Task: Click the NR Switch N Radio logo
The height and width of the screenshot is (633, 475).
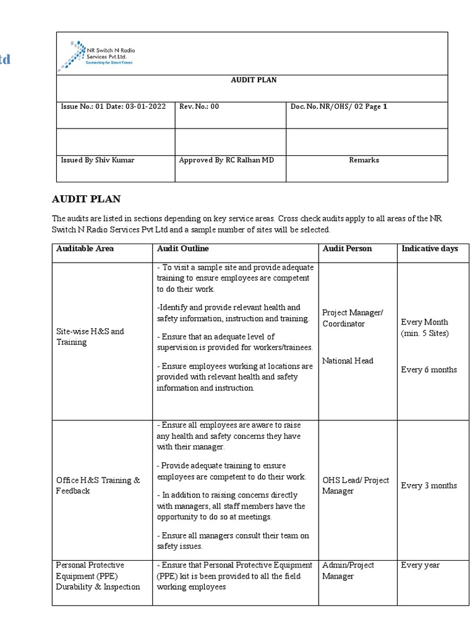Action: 95,54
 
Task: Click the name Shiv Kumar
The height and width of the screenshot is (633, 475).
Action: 114,160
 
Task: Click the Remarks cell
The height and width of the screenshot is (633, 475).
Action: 364,160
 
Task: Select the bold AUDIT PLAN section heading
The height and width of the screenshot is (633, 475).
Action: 86,199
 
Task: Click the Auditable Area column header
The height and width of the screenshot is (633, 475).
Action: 85,249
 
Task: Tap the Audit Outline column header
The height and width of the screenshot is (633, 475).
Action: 182,249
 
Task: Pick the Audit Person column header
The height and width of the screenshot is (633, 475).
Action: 347,249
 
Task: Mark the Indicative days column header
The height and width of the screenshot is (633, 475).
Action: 430,249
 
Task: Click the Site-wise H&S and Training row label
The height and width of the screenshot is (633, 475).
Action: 90,336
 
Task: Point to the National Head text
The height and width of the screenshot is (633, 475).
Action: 348,361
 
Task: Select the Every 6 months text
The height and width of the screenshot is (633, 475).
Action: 429,370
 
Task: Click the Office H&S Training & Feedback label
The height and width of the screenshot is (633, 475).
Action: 98,485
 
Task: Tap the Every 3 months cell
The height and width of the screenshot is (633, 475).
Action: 429,485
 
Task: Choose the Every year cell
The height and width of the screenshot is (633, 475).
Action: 421,565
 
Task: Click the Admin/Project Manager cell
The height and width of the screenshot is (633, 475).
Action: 348,571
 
